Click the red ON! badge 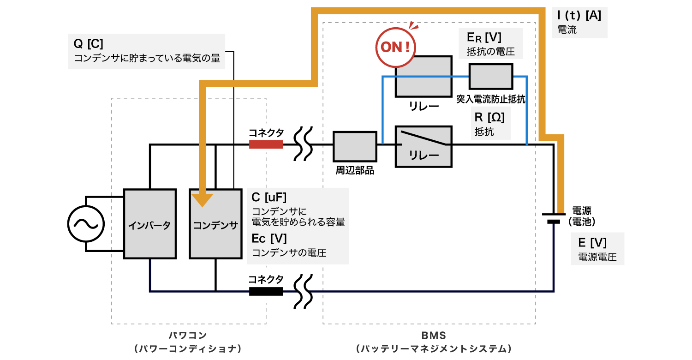coord(395,48)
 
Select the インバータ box coord(149,224)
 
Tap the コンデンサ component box coord(215,224)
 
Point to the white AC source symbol coord(86,224)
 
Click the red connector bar coord(266,144)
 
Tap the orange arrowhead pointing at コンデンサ coord(202,200)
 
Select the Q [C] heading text coord(89,44)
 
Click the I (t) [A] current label coord(579,15)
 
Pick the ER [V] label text coord(484,37)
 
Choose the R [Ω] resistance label coord(489,117)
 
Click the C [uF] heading coord(269,197)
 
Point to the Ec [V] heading coord(269,238)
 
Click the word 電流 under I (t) coord(567,30)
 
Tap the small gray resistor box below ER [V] coord(491,76)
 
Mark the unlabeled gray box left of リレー coord(355,147)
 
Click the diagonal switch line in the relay coord(424,138)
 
